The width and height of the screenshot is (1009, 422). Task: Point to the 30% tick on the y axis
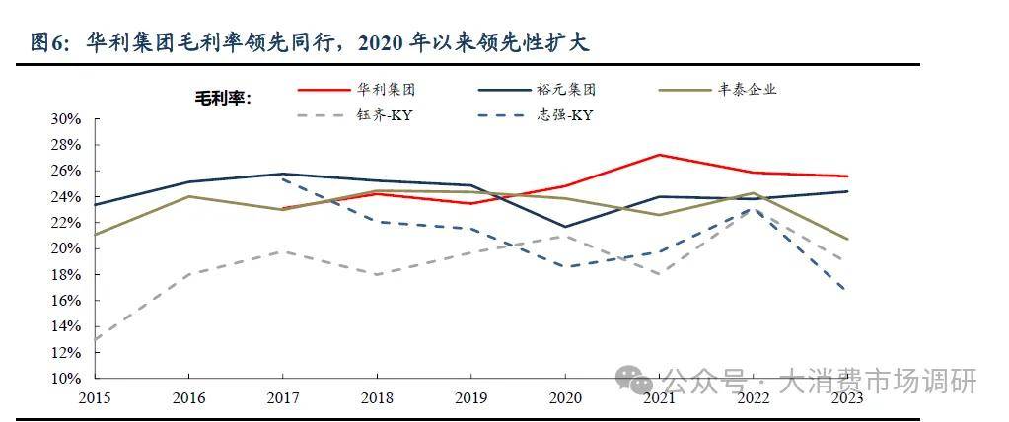[65, 118]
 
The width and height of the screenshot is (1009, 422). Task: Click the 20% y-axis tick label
[65, 248]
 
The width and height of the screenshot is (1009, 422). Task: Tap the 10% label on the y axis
[65, 379]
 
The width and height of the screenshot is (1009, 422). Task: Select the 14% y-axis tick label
[65, 326]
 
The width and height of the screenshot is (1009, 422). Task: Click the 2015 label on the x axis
[95, 396]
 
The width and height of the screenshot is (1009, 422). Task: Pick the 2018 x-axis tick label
[377, 396]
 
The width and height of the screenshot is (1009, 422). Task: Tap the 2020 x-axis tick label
[565, 396]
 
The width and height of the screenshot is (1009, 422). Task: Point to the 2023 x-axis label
[846, 396]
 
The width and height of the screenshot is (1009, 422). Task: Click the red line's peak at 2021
[659, 155]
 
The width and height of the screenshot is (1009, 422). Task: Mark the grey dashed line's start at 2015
[96, 339]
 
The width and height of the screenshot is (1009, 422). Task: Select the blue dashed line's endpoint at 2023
[846, 290]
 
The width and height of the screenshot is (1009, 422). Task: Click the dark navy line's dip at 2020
[565, 227]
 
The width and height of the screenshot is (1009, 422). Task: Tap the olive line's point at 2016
[189, 196]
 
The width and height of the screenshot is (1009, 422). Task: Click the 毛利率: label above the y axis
[223, 97]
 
